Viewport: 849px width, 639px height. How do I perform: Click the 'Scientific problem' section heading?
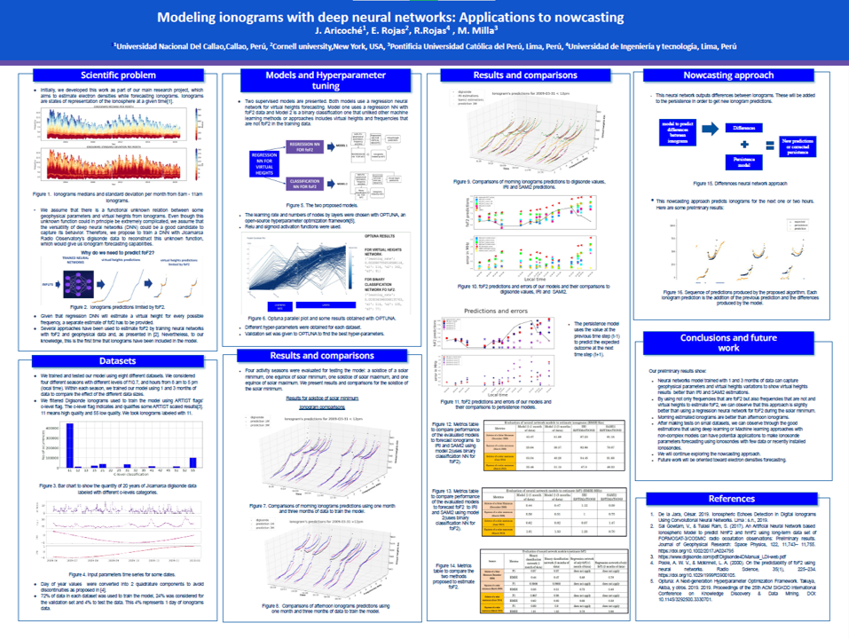click(x=118, y=75)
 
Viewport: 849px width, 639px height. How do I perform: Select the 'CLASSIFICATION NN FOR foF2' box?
click(x=305, y=185)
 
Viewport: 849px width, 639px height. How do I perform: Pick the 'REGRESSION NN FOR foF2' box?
click(x=305, y=145)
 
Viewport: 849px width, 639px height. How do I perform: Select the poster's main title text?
click(x=424, y=17)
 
